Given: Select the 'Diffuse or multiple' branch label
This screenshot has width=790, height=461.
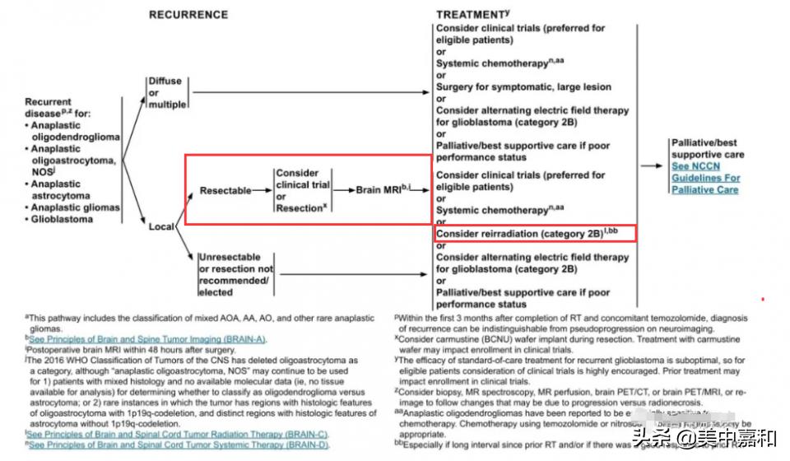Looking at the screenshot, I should tap(166, 93).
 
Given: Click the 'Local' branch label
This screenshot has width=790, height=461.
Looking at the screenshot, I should tap(161, 226).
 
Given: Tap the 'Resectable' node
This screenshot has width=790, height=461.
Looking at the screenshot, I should tap(225, 191).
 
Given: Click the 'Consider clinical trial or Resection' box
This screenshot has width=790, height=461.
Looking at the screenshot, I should tap(303, 191).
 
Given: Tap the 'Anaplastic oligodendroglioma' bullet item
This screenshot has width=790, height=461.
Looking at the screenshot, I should tap(74, 132).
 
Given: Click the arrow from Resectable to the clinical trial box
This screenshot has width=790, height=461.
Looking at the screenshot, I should tap(263, 191).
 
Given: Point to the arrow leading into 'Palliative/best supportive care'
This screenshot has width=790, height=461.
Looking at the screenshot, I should tap(653, 165).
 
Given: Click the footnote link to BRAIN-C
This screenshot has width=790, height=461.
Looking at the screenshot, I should tap(178, 434).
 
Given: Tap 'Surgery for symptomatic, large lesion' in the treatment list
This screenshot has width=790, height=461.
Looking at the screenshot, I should tap(523, 87).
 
